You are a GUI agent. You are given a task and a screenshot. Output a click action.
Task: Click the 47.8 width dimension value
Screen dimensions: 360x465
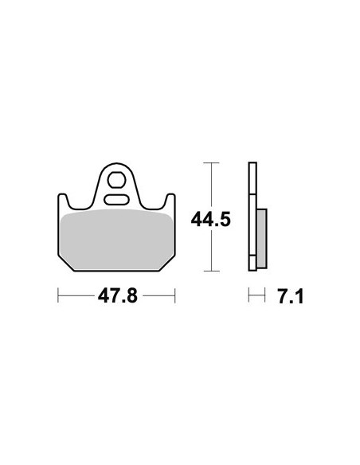pos(118,296)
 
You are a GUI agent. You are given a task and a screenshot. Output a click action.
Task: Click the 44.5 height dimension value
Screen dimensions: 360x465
pos(210,220)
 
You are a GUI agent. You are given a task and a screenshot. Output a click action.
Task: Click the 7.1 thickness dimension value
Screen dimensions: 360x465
pos(291,297)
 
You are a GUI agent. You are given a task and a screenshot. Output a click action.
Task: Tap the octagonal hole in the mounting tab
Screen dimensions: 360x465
pos(116,180)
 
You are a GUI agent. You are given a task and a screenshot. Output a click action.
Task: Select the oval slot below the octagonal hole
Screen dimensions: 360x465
pos(117,199)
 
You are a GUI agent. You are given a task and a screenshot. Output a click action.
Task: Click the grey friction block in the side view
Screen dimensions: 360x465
pos(262,238)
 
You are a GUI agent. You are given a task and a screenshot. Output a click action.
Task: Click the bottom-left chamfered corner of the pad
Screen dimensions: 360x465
pos(66,263)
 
